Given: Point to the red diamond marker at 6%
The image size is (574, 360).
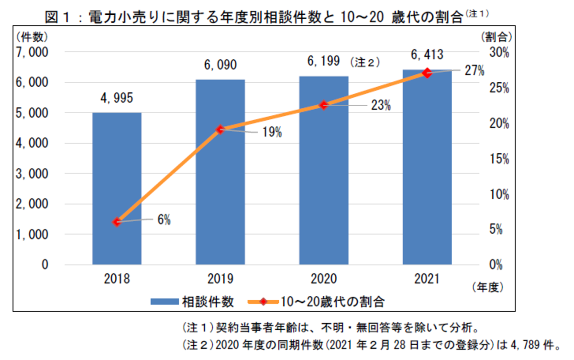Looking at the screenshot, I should (x=117, y=222).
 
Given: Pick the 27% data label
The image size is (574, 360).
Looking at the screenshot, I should (x=475, y=71).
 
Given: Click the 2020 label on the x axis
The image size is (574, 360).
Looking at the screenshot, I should (x=324, y=279).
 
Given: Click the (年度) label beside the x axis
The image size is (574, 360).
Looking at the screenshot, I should (x=488, y=287).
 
